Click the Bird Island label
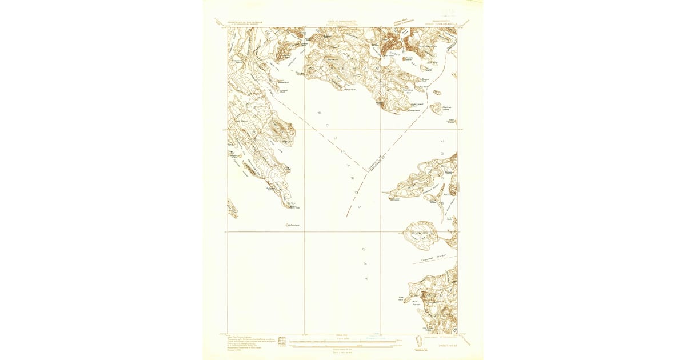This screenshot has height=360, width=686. (x=293, y=225)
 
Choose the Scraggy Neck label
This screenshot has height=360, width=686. (x=420, y=233)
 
